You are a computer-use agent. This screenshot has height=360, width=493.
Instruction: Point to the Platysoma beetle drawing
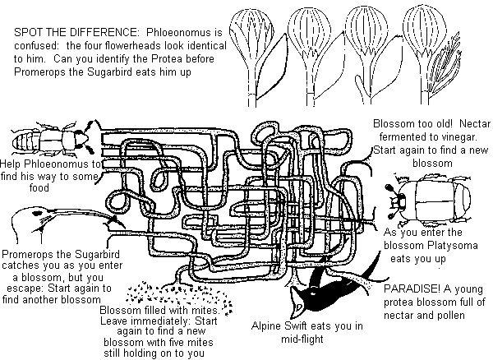pyautogui.click(x=439, y=202)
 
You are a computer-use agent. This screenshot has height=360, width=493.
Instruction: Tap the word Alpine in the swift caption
pyautogui.click(x=270, y=323)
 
